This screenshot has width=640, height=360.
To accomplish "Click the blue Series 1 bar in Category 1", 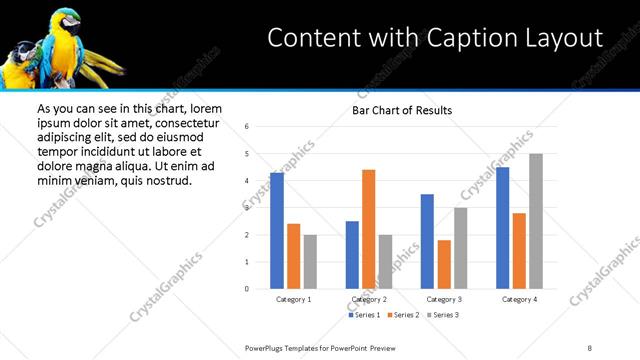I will [x=277, y=231].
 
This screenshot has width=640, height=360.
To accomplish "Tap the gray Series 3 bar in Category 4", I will [x=536, y=221].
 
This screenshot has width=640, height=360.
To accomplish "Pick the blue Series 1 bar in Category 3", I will [x=427, y=241].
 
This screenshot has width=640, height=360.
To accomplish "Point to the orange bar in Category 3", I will [x=444, y=264].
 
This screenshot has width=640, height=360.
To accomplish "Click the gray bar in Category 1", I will [x=310, y=262].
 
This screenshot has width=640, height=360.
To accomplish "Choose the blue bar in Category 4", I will [x=502, y=228].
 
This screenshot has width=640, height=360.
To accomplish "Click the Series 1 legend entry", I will [x=363, y=315].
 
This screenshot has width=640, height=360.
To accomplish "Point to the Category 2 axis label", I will [x=369, y=299].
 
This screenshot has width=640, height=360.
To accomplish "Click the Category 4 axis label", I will [x=519, y=299].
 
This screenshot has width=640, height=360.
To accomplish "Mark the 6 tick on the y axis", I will [x=246, y=127].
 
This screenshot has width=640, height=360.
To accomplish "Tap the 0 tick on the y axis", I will [x=246, y=289].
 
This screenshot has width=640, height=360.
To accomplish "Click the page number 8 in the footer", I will [x=590, y=347].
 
